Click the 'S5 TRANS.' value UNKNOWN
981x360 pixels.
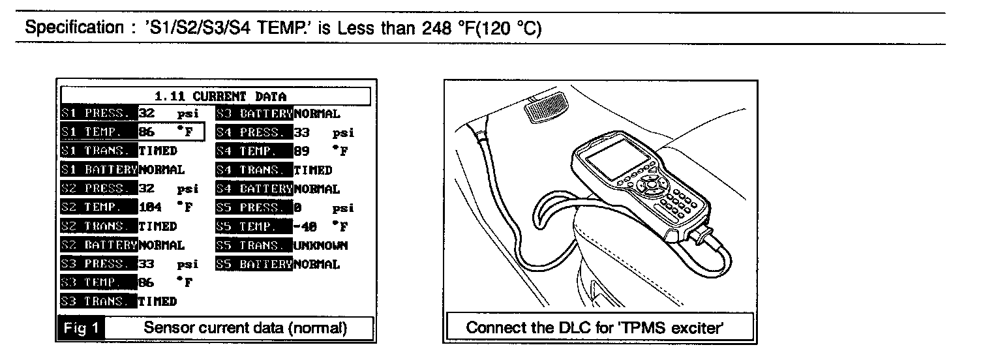pos(320,246)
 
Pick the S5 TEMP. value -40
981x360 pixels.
pos(305,227)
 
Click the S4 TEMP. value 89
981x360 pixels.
pos(301,152)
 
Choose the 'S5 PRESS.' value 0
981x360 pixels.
pos(297,208)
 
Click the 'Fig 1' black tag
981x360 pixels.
pos(81,328)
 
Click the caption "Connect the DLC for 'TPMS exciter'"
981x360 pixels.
pos(600,328)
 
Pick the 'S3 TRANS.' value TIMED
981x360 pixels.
pos(157,301)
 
